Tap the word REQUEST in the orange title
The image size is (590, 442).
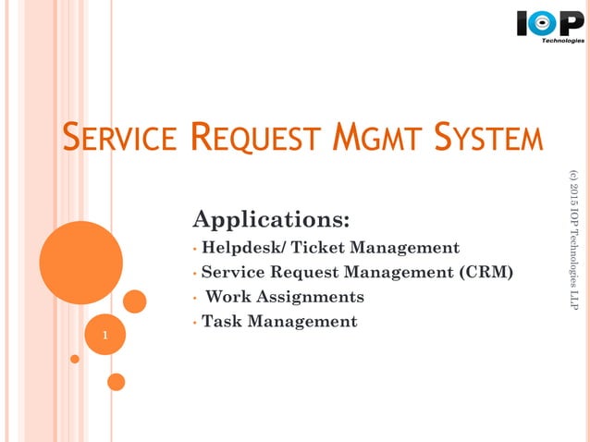251,140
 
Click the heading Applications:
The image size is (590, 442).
271,220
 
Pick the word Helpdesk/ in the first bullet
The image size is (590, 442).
243,248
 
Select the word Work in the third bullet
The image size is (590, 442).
228,297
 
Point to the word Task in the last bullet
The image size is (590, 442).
223,322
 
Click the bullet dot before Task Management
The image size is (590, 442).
195,323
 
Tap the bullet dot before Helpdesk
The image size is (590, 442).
195,249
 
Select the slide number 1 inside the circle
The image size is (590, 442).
104,336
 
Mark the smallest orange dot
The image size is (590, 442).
75,359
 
